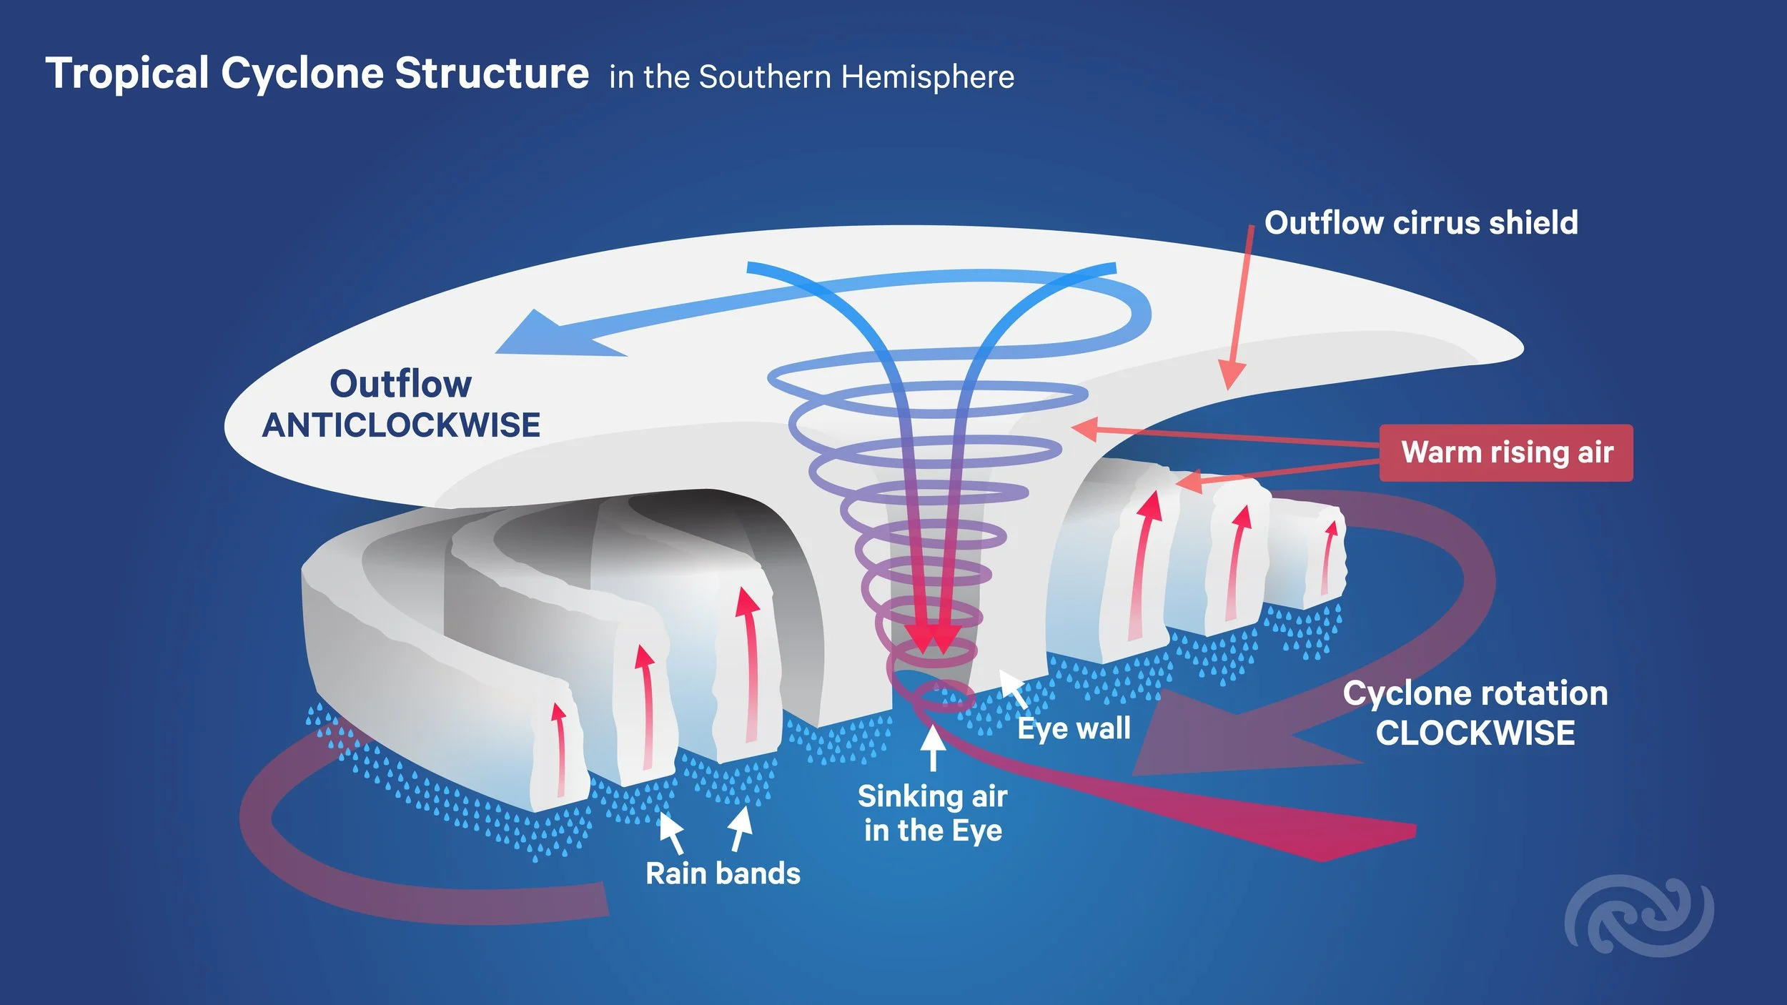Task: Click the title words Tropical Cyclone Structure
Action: tap(317, 74)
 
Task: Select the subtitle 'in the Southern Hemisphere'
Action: tap(811, 77)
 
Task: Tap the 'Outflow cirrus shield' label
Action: tap(1421, 223)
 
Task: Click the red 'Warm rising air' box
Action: tap(1506, 452)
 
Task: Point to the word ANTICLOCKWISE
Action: tap(401, 425)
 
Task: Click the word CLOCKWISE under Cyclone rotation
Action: tap(1475, 733)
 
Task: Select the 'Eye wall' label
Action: tap(1074, 729)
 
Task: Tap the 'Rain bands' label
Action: tap(723, 873)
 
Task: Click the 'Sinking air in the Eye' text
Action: tap(932, 813)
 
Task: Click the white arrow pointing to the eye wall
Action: tap(1011, 685)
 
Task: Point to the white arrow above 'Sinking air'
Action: tap(932, 746)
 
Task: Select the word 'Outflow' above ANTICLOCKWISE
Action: tap(400, 384)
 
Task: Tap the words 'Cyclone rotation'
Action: tap(1475, 693)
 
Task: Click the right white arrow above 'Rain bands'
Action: tap(741, 828)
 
